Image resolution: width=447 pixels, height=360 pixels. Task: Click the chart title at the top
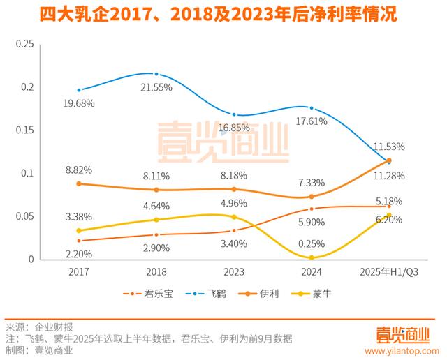pyautogui.click(x=223, y=15)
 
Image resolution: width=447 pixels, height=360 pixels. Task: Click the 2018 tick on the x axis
pyautogui.click(x=156, y=271)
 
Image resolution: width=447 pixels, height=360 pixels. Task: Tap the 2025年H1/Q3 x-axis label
pyautogui.click(x=388, y=271)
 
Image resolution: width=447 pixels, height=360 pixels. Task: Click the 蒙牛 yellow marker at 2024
pyautogui.click(x=311, y=257)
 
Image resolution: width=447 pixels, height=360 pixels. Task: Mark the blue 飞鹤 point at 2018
pyautogui.click(x=156, y=74)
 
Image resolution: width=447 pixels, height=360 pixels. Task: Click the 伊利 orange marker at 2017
pyautogui.click(x=78, y=183)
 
